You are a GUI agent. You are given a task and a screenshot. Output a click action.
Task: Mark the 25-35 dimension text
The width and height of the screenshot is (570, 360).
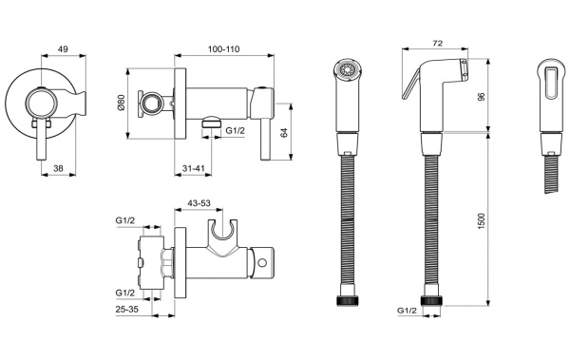point(127,311)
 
